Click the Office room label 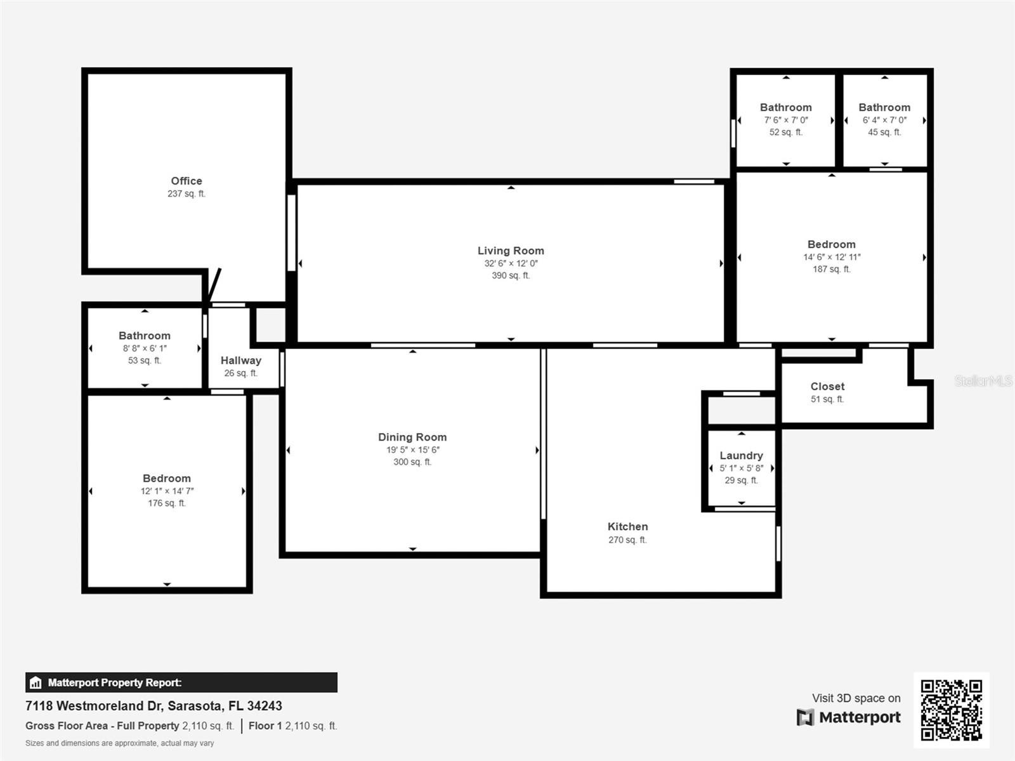point(187,181)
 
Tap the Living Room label point(511,250)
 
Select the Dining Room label point(412,437)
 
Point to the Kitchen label point(627,526)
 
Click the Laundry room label point(741,455)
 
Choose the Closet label point(827,386)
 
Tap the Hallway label point(241,360)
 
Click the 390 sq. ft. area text point(511,275)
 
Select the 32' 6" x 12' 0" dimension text point(511,263)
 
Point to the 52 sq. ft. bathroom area point(785,132)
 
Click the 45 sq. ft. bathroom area point(884,132)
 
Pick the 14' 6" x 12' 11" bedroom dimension point(832,257)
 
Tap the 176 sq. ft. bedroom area point(166,503)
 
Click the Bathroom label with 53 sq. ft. point(144,335)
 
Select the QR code point(951,710)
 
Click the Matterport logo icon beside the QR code point(805,717)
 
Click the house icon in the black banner point(36,682)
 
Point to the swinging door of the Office point(214,285)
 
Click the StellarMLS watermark point(983,380)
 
